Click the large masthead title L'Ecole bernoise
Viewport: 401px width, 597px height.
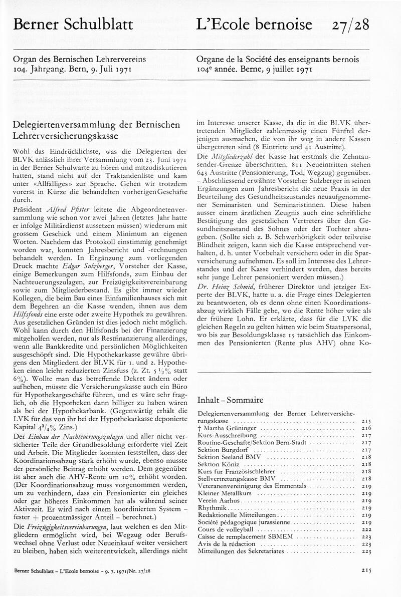(255, 24)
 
